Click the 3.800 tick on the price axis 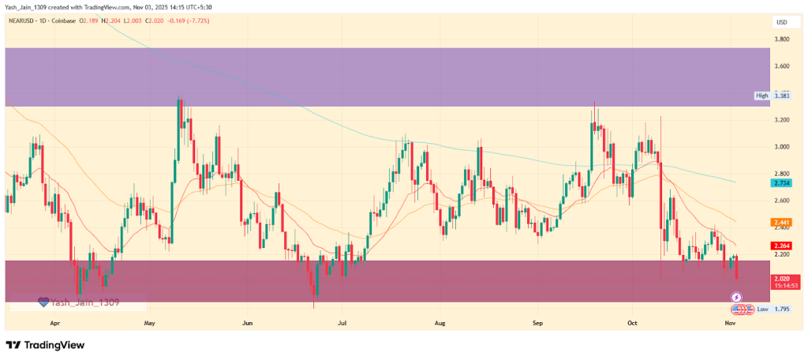coord(783,39)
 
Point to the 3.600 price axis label coord(783,66)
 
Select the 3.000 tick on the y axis coord(783,147)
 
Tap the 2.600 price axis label coord(783,201)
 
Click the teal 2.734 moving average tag coord(783,182)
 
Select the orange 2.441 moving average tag coord(783,223)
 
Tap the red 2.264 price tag coord(783,246)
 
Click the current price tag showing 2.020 coord(783,279)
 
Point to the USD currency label coord(782,21)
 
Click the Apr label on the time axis coord(55,323)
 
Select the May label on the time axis coord(150,323)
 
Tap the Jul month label coord(342,323)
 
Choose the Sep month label coord(537,323)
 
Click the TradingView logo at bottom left coord(45,345)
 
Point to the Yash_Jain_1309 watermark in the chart coord(79,302)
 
